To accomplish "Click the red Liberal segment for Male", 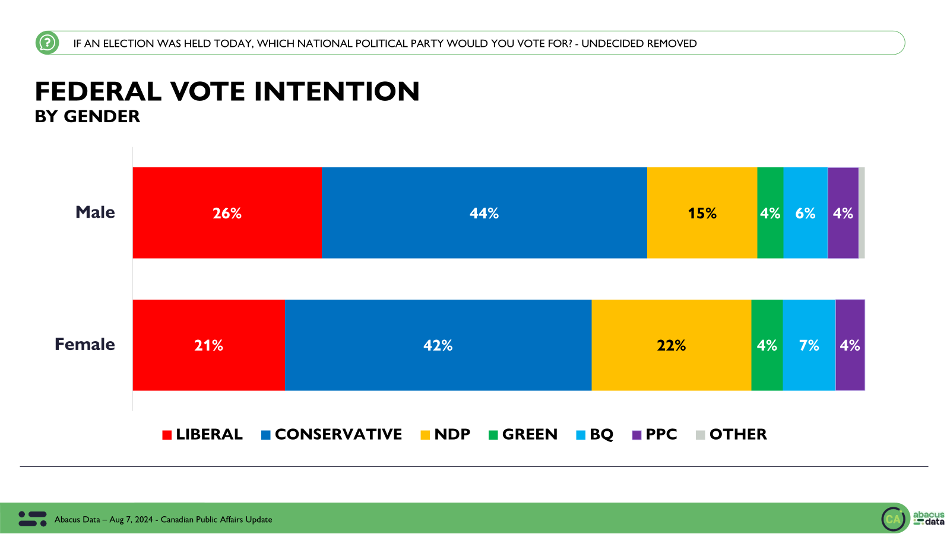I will (227, 212).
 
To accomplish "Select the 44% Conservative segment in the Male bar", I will (484, 212).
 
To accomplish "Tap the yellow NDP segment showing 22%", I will (671, 345).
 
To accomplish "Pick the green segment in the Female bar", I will (767, 345).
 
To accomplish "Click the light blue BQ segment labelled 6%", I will (805, 212).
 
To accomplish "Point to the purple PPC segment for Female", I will (850, 345).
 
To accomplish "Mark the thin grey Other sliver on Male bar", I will (862, 212).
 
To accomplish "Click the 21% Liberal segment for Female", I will (208, 345).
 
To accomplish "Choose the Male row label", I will (95, 212).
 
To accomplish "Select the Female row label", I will (85, 344).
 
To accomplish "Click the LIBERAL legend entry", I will (202, 434).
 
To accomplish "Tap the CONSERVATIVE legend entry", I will (331, 434).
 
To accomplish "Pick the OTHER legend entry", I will (731, 434).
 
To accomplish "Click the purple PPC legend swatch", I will (636, 435).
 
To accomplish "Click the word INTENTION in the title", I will (337, 91).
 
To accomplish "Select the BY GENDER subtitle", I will (87, 116).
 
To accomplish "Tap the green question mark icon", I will (47, 43).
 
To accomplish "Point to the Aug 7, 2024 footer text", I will (131, 520).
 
